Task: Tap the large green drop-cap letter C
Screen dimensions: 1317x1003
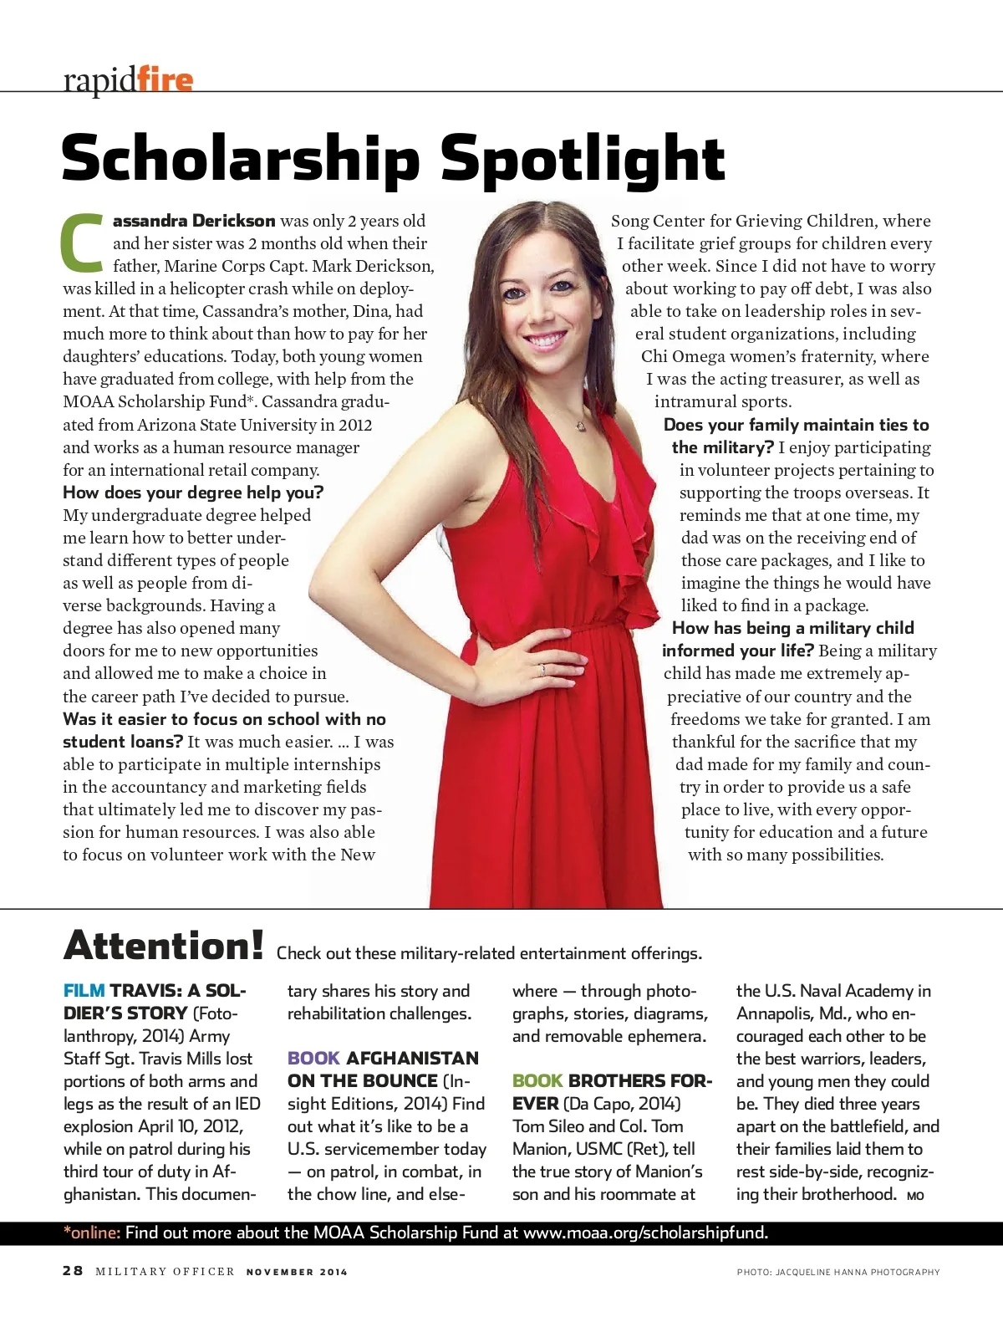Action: click(x=84, y=243)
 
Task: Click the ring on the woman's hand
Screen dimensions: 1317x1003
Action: click(x=542, y=669)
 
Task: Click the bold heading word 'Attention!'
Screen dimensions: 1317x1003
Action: click(x=164, y=946)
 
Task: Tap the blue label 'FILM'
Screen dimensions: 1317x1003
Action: click(x=84, y=991)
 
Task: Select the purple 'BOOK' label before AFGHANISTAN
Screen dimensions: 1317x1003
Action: click(x=313, y=1059)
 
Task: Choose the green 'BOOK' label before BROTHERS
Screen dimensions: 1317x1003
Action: click(x=537, y=1081)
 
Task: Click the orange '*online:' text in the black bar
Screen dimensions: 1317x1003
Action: click(x=92, y=1233)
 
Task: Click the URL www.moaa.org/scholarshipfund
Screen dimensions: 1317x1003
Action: click(x=645, y=1233)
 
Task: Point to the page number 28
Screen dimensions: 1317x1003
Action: click(x=73, y=1271)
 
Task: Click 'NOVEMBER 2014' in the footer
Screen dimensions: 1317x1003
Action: click(x=297, y=1272)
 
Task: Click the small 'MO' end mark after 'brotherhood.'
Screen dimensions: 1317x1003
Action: click(x=915, y=1196)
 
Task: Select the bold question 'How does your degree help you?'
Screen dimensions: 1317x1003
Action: click(x=193, y=493)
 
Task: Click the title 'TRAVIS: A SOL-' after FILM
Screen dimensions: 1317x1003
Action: click(x=178, y=991)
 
